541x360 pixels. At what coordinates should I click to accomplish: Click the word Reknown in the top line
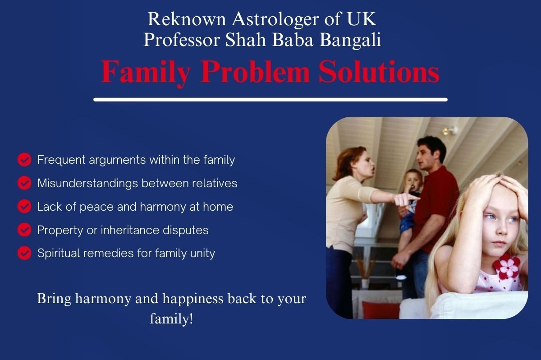[187, 19]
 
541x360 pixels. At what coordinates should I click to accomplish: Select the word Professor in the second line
[182, 39]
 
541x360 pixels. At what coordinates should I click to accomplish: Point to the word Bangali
[350, 40]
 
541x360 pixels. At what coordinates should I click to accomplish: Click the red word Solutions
[379, 72]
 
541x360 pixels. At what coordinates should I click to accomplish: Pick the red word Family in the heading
[146, 73]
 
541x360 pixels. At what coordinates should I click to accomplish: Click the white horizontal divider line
[270, 100]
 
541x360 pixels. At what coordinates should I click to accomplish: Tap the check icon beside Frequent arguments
[24, 160]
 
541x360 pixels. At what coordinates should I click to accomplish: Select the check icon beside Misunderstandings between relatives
[24, 183]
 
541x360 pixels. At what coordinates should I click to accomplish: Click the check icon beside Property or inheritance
[24, 230]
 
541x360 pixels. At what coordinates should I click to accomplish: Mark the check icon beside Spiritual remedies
[24, 253]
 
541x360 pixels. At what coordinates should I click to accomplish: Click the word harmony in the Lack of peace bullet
[163, 207]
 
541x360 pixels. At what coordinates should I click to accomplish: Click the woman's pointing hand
[406, 200]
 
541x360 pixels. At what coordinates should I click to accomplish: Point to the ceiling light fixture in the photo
[450, 131]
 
